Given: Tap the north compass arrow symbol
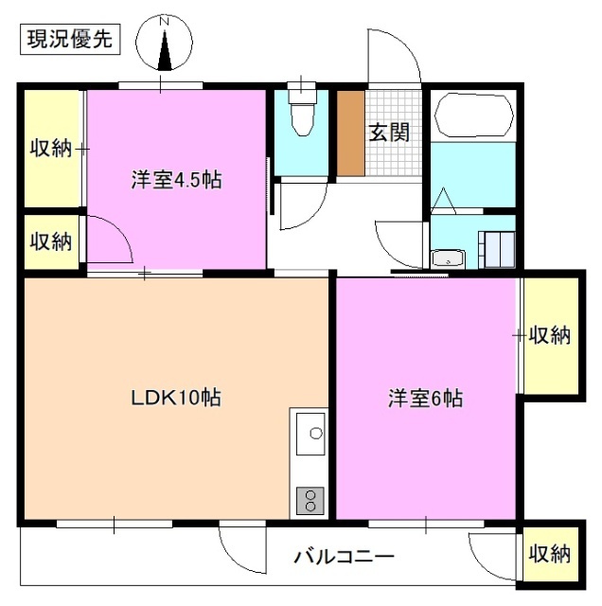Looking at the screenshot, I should coord(165,47).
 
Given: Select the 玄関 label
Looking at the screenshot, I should coord(389,132).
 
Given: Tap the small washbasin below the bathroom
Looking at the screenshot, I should coord(446,258).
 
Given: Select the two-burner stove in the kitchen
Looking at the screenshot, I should coord(310,499).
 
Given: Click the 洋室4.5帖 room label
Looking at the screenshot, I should coord(176,180).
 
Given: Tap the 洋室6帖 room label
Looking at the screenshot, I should coord(424,399).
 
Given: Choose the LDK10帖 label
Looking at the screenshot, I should coord(176,399).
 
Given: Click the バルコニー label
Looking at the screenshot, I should coord(343,556).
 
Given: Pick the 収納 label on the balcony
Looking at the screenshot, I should coord(549,553).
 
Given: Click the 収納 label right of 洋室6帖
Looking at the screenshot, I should coord(549,334).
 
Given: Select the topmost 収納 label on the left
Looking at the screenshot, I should coord(50,148).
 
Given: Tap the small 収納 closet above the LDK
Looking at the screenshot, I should coord(50,241).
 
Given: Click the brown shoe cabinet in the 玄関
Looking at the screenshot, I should coord(351,134).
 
